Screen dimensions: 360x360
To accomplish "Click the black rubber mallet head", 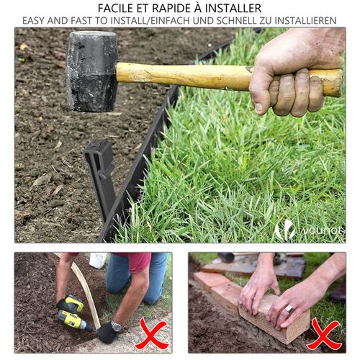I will (91, 71).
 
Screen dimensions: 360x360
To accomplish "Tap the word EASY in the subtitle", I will (36, 20).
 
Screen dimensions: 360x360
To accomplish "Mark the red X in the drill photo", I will (151, 334).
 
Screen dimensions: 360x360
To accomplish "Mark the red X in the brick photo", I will (324, 334).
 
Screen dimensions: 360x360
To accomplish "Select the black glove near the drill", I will (107, 332).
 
